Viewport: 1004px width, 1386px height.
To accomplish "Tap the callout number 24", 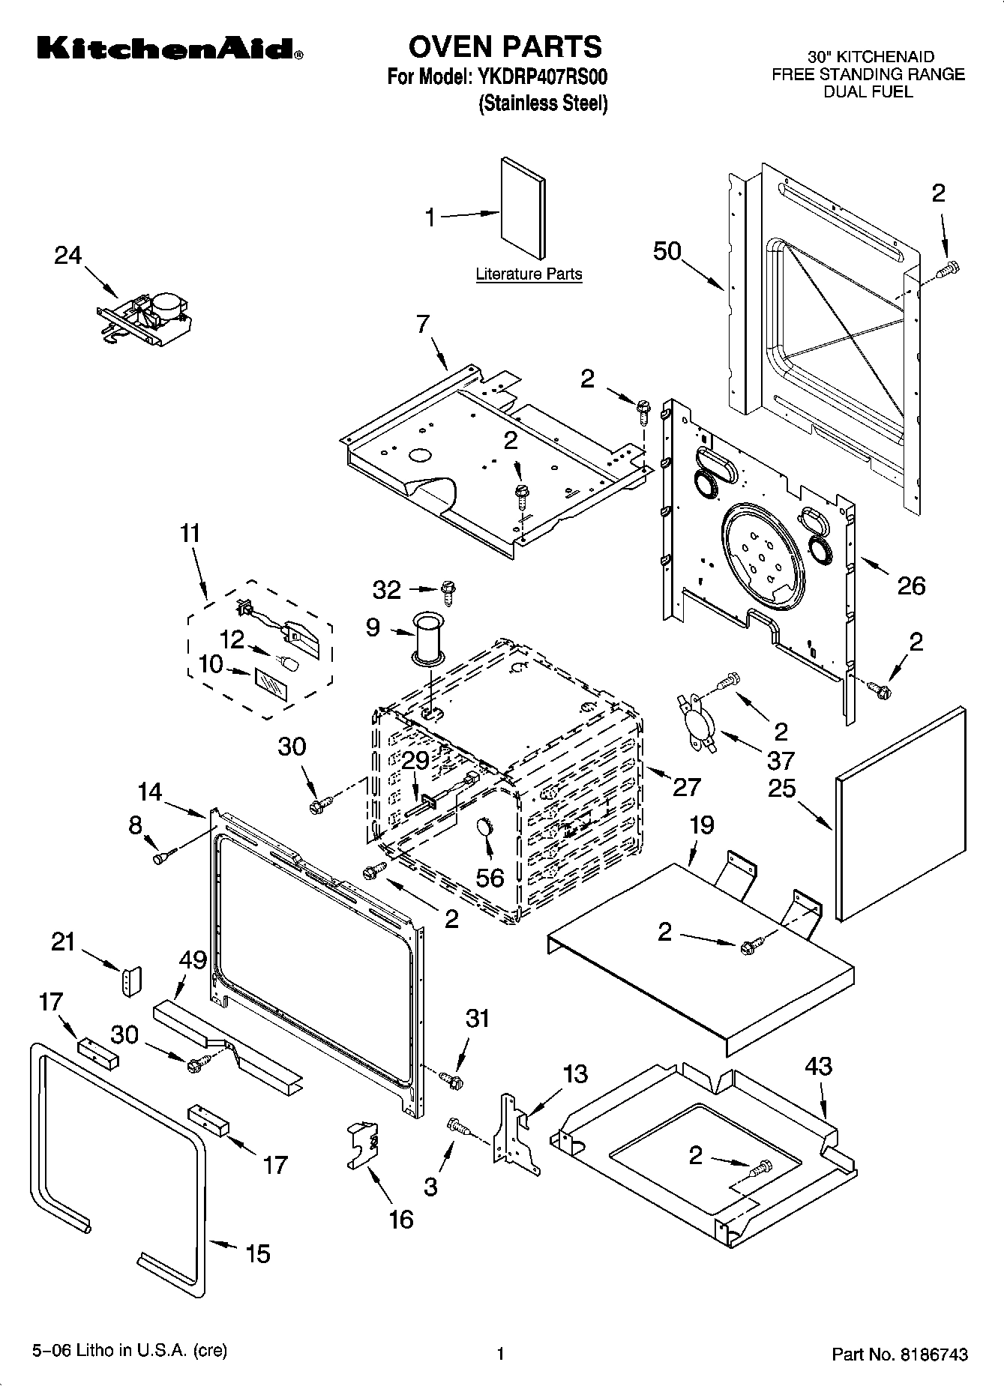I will point(67,256).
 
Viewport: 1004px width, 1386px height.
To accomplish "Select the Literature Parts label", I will point(529,274).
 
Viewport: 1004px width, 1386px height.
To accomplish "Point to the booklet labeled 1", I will point(523,208).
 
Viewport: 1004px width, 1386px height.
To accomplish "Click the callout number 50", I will point(667,251).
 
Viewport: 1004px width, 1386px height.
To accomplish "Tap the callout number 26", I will point(911,585).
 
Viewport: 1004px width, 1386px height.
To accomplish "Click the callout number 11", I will point(190,534).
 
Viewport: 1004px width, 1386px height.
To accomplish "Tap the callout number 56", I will point(490,877).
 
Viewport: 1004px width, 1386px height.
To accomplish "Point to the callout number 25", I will point(781,788).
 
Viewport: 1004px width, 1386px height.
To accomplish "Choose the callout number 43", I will point(818,1066).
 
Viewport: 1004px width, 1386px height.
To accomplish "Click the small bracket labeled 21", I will point(132,982).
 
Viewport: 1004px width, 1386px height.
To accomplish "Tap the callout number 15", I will point(258,1253).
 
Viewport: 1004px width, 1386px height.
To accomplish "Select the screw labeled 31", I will point(452,1080).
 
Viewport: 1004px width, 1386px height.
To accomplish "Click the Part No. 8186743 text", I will point(900,1354).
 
